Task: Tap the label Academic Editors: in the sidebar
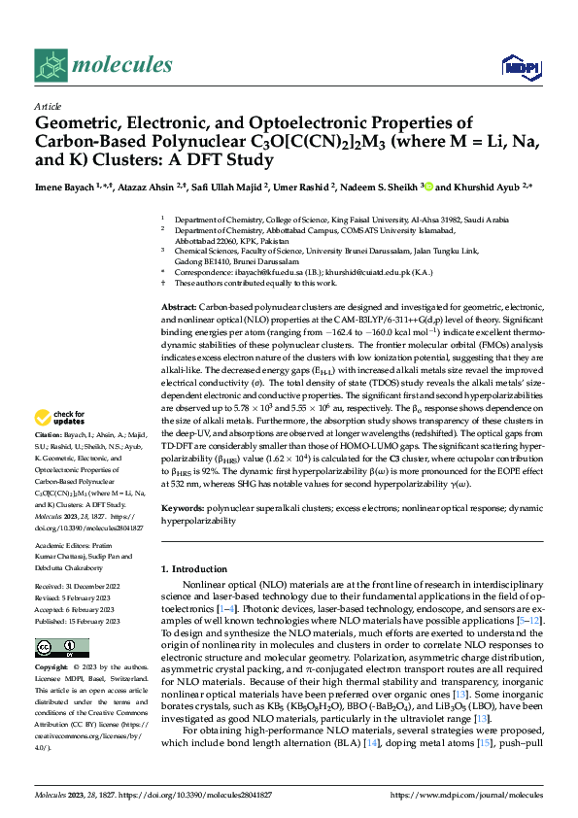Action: [x=62, y=547]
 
